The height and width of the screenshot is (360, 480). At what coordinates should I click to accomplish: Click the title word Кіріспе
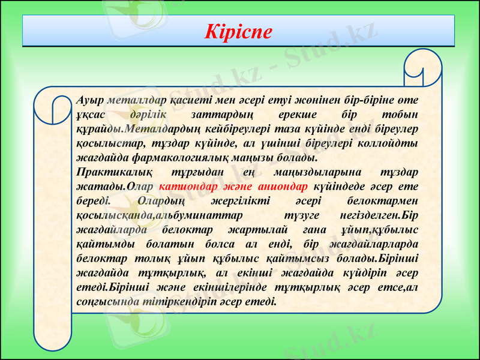point(238,31)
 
